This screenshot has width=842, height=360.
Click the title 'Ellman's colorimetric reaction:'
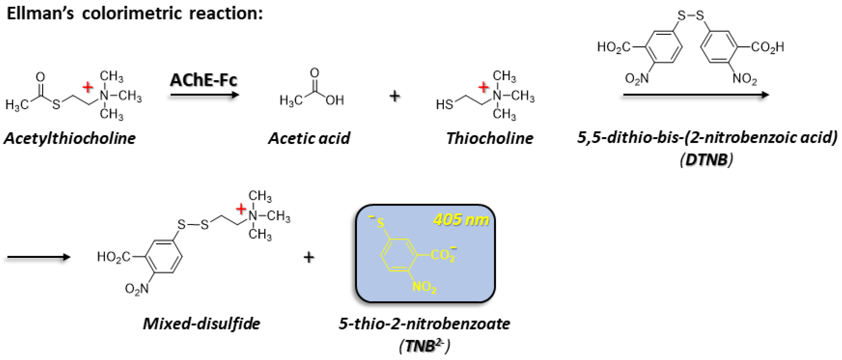(x=135, y=14)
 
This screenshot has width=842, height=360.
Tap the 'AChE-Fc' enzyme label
(x=203, y=80)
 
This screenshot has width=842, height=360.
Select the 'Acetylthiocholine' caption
(x=70, y=138)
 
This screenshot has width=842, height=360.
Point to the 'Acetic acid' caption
(x=309, y=138)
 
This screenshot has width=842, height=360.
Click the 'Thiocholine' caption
(x=490, y=138)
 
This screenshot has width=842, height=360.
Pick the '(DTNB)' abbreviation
(x=706, y=160)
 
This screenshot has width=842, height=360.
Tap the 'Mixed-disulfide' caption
(x=201, y=324)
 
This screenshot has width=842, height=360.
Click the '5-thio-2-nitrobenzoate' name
(x=424, y=324)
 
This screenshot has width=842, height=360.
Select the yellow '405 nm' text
(x=461, y=220)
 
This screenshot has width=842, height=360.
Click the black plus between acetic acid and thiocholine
(x=394, y=96)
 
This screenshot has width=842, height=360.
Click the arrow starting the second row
(x=39, y=257)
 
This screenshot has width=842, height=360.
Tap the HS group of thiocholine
(x=444, y=105)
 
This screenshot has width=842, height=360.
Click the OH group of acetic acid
(x=335, y=100)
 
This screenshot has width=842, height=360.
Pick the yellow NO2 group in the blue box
(x=424, y=287)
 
